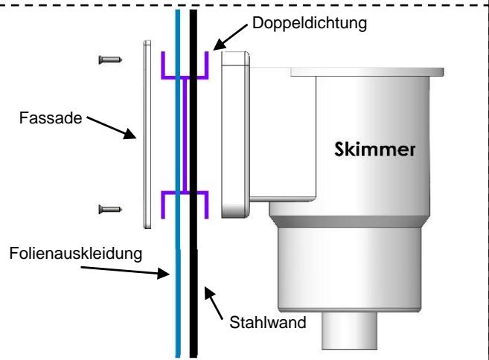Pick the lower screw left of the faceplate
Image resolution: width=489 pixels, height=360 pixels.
109,212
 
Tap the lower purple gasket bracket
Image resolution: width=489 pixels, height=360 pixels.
185,202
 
